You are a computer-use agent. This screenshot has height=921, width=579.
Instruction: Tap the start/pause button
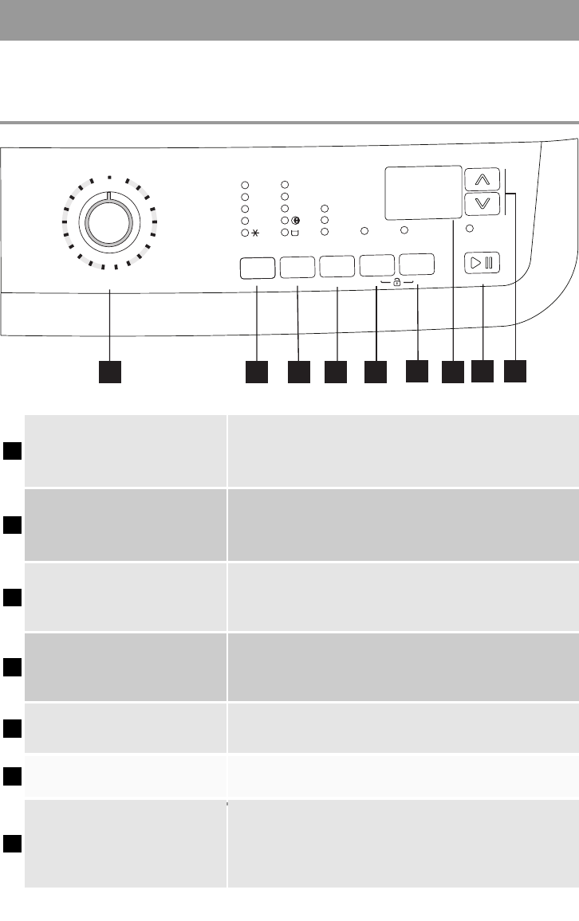pos(482,262)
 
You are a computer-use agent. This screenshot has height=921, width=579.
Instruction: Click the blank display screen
pos(422,193)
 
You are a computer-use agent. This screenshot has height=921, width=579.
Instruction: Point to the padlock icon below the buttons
pos(397,283)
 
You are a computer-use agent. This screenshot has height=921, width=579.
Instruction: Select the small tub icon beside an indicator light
pos(296,233)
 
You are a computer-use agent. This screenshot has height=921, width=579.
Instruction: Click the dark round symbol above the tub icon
pos(296,220)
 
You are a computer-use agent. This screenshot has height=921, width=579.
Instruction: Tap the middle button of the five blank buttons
pos(337,266)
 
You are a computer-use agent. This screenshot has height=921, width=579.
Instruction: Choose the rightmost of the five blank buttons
pos(417,264)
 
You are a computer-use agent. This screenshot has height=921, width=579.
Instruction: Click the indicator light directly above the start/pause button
pos(470,229)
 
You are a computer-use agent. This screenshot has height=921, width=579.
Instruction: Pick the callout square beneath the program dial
pos(109,372)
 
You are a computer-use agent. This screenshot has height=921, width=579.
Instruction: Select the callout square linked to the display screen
pos(452,372)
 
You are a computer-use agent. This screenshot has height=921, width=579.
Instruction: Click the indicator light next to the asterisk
pos(245,233)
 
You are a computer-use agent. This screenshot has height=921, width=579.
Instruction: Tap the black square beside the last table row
pos(12,844)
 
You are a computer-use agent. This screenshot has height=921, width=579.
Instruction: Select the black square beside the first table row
pos(12,451)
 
